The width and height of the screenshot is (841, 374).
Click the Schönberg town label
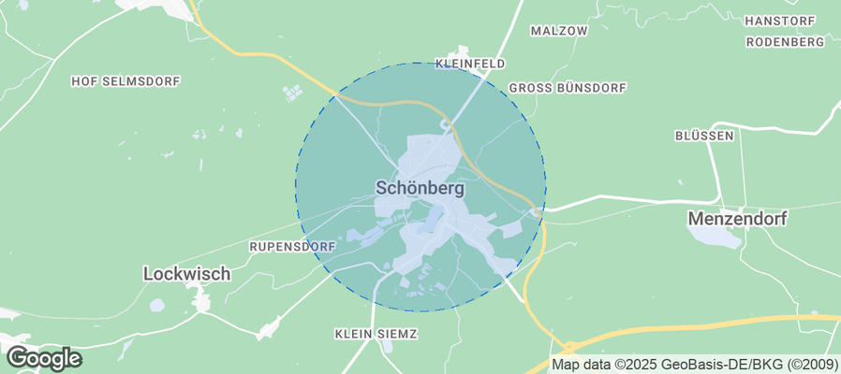click(420, 187)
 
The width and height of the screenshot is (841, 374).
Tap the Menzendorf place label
click(737, 218)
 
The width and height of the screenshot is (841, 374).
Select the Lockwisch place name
click(187, 274)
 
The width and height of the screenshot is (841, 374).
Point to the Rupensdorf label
click(292, 246)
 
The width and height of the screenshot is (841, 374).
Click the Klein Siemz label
click(376, 333)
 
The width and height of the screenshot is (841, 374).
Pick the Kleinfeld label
click(470, 64)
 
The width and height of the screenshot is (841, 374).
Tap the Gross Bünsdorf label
click(567, 88)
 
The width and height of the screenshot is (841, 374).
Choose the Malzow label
click(558, 30)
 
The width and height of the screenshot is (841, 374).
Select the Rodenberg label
click(785, 42)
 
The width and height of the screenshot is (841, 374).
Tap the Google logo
click(43, 358)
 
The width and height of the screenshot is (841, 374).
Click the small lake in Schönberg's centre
click(432, 221)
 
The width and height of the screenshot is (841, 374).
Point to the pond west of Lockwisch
click(156, 305)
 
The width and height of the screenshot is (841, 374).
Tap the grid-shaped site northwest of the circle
click(292, 93)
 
